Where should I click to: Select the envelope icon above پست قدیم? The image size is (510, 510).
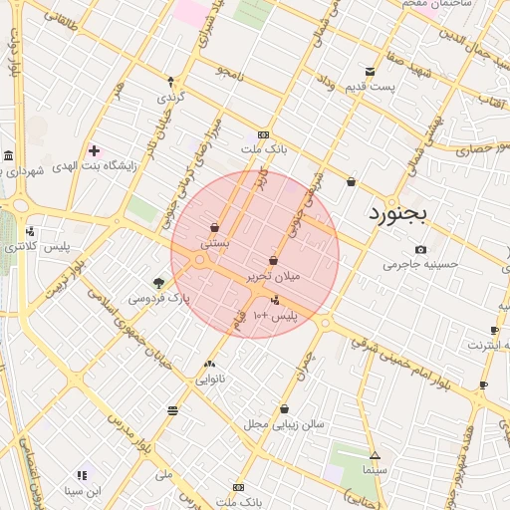(x=370, y=72)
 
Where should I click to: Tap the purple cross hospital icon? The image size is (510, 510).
(x=94, y=150)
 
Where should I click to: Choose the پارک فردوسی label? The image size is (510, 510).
(x=157, y=298)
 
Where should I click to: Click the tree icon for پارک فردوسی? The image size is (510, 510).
(x=158, y=284)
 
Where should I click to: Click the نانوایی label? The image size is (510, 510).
(x=209, y=379)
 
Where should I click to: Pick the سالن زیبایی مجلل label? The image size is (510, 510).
(x=284, y=424)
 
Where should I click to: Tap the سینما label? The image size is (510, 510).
(x=374, y=467)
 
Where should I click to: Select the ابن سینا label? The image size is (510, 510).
(x=83, y=490)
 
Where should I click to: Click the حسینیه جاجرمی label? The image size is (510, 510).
(x=420, y=265)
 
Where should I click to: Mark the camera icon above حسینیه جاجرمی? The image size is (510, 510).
(x=420, y=249)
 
